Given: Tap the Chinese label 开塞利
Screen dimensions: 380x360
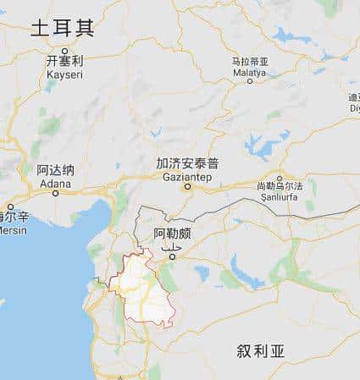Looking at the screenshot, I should point(64,61).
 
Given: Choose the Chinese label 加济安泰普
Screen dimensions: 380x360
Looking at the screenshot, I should point(188,163).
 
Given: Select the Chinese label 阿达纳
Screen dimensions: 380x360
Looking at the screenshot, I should point(55,169).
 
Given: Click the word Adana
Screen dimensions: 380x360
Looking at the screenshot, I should point(55,181).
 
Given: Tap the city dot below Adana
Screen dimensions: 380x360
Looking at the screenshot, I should point(55,191).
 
